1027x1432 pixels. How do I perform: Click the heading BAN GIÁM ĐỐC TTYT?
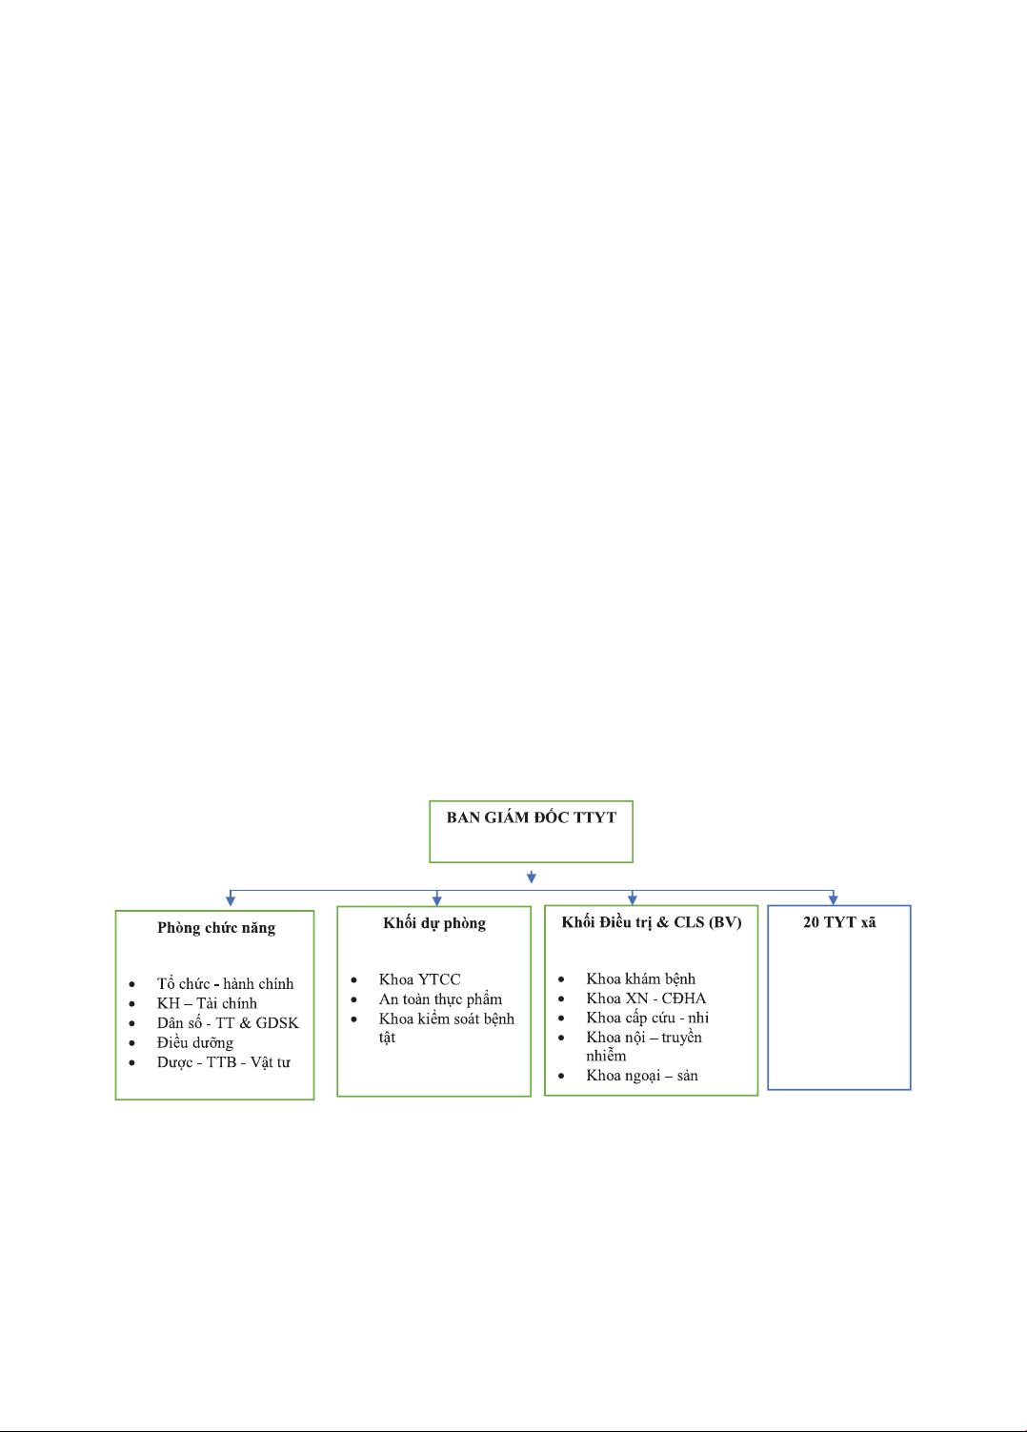coord(531,817)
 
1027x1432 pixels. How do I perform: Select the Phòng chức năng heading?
coord(216,928)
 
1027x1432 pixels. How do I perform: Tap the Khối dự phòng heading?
coord(434,924)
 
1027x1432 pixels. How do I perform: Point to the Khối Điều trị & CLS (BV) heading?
coord(652,922)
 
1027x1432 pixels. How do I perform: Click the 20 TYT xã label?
coord(839,922)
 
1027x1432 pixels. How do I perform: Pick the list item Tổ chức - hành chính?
coord(225,983)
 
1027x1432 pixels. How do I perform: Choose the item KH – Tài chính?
coord(207,1003)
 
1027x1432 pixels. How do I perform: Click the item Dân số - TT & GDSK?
coord(228,1023)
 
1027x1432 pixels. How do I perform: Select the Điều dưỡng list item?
coord(195,1042)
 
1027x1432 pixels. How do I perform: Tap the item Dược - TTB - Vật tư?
coord(223,1062)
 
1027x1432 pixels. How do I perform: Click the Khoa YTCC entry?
coord(419,979)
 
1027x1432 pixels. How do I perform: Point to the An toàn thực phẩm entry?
coord(440,999)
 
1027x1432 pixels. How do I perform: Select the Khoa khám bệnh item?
coord(640,978)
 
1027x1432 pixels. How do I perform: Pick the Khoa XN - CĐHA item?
coord(646,998)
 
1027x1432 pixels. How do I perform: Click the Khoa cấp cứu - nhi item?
coord(647,1018)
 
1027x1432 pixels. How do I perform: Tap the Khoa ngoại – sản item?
coord(641,1076)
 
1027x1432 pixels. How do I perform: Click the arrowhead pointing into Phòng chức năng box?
coord(231,901)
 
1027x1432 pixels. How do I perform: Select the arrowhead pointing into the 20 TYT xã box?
coord(834,899)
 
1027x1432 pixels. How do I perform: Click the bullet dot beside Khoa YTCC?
coord(353,980)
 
